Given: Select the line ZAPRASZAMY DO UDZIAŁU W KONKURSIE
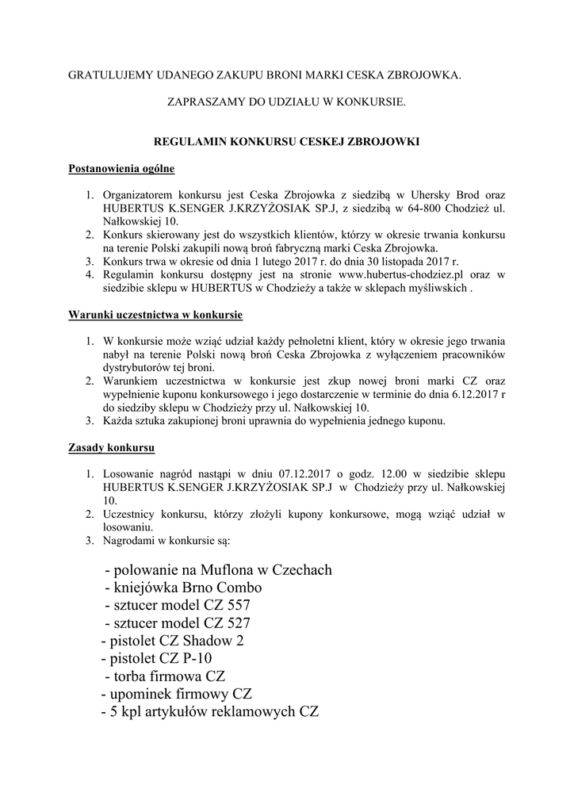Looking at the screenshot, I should pos(286,102).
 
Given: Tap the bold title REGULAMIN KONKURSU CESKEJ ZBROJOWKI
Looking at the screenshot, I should pos(285,142).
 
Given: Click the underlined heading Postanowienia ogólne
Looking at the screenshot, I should pos(122,169).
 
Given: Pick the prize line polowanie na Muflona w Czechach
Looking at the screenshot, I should pos(218,570).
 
